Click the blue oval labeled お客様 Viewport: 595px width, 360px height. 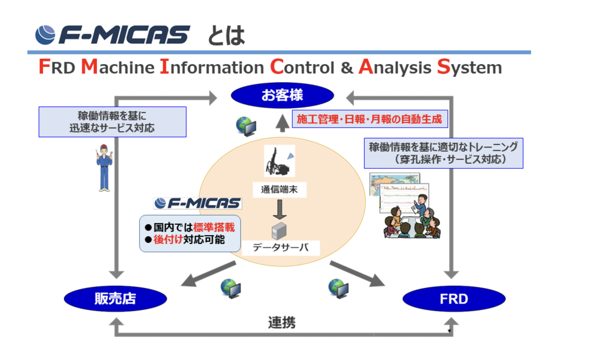pos(282,95)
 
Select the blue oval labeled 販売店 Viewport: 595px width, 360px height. pos(115,298)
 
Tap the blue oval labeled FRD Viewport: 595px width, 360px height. pos(454,298)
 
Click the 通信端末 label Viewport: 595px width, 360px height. pos(280,190)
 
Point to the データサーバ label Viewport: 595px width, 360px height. pos(281,248)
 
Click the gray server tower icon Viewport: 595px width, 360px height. pos(279,231)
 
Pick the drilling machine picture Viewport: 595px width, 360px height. pos(280,161)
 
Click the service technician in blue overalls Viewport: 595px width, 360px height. pos(104,168)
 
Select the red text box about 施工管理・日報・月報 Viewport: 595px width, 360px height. pos(370,119)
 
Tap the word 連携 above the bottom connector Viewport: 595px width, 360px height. pos(282,323)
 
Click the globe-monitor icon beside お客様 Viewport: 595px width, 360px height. pos(246,126)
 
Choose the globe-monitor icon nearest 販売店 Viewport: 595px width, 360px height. pos(231,289)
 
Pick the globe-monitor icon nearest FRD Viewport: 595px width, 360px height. pos(339,289)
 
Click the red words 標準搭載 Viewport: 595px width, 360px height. pos(214,227)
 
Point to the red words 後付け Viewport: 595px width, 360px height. pos(168,239)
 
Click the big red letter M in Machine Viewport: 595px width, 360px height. pos(89,66)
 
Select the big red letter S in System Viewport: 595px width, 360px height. pos(443,66)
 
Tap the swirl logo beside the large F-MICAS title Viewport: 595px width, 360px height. pos(45,35)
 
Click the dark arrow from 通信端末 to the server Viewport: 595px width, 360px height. pos(280,210)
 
